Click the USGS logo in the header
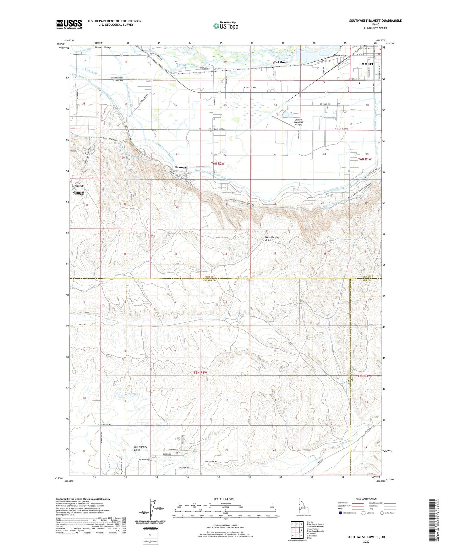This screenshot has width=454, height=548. (x=69, y=24)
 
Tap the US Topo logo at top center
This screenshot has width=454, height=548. (x=225, y=26)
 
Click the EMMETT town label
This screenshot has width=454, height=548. (x=366, y=64)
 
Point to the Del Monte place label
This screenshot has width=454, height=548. (x=281, y=62)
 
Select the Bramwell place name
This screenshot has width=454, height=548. (x=182, y=168)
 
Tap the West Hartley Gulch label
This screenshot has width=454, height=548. (x=272, y=239)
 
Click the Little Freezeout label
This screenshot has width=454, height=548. (x=78, y=184)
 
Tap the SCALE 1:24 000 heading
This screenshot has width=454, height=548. (x=225, y=499)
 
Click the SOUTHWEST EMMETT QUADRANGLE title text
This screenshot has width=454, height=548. (x=375, y=21)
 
